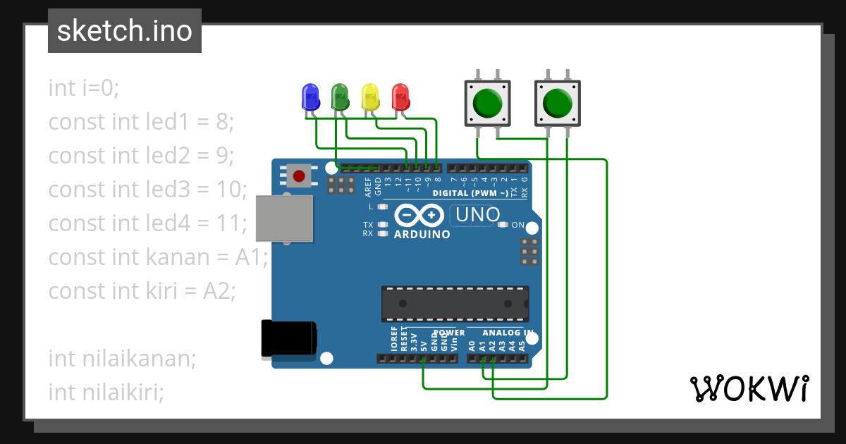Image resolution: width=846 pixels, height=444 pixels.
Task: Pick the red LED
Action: [400, 97]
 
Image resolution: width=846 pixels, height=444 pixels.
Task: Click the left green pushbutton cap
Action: [486, 103]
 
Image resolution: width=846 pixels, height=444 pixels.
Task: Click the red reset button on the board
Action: [299, 175]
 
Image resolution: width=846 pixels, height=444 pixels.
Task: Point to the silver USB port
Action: [283, 219]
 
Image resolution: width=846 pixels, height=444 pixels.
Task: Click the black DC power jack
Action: [288, 339]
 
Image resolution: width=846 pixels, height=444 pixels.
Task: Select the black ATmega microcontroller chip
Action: [455, 304]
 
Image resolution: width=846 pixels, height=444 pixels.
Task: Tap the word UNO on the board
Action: [477, 214]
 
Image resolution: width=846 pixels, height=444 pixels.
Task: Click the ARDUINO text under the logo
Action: [422, 234]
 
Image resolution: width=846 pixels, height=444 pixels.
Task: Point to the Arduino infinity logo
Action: [419, 215]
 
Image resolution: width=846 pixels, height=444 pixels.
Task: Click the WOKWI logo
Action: [748, 388]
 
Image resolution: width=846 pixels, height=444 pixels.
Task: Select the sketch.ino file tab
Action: [125, 31]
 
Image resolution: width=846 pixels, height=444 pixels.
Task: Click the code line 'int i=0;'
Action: [85, 88]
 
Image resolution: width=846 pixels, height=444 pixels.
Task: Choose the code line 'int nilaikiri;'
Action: [106, 392]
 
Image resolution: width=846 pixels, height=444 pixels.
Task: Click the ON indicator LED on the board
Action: [502, 225]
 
